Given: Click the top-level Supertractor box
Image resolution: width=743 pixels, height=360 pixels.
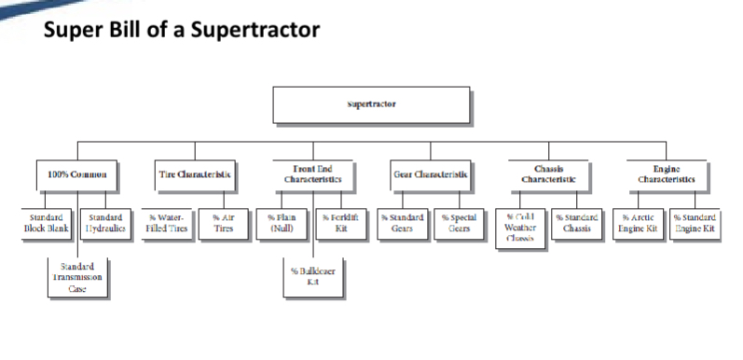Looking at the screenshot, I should coord(370,104).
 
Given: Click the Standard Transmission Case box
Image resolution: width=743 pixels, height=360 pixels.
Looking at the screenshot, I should coord(76,277).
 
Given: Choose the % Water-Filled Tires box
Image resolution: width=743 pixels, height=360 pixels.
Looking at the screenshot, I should coord(166,223).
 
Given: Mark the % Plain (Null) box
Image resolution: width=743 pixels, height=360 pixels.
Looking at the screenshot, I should coord(282,223).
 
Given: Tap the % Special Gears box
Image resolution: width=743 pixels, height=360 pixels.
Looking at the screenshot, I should coord(459,223).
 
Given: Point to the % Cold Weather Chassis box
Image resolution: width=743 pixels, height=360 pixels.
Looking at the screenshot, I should coord(519,226).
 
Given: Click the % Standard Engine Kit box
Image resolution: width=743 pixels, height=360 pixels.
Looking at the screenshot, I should coord(695,223).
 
